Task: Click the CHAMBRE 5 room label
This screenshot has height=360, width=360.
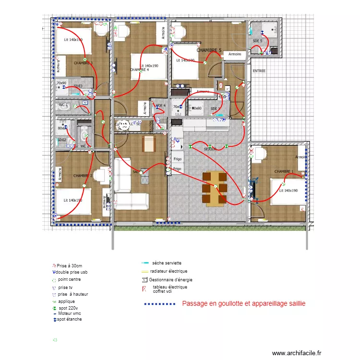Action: click(209, 50)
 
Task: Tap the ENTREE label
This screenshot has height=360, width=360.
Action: click(259, 71)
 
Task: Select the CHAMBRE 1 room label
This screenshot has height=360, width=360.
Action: click(284, 171)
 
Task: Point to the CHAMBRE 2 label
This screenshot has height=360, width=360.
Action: click(83, 176)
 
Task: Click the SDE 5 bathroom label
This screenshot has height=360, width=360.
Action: click(257, 41)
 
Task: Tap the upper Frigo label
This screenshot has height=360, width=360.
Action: click(178, 159)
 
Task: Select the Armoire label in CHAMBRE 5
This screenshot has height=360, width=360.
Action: click(235, 54)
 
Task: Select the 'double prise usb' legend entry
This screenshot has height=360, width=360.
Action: click(72, 272)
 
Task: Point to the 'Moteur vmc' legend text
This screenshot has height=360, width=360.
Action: click(70, 313)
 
